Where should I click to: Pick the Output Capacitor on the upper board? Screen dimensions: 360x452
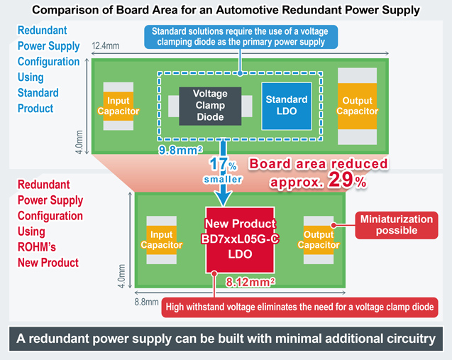pyautogui.click(x=357, y=106)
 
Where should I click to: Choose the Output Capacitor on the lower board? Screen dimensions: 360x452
pyautogui.click(x=319, y=240)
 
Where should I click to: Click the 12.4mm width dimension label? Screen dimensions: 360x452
pyautogui.click(x=106, y=47)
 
